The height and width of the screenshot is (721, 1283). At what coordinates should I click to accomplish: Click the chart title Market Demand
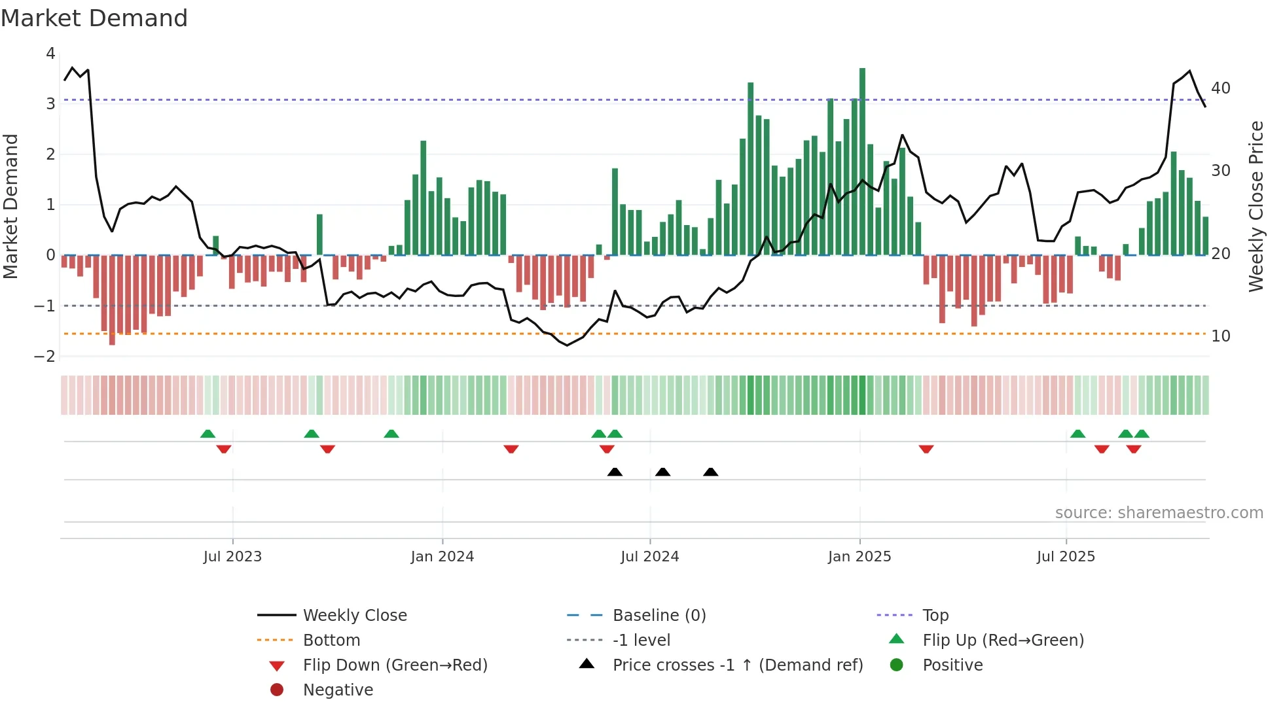click(94, 18)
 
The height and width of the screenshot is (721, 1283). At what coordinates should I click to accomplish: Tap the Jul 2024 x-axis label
click(649, 557)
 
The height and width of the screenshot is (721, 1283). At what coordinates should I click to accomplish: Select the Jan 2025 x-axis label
click(859, 557)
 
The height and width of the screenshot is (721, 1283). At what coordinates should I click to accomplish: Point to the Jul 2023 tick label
click(232, 557)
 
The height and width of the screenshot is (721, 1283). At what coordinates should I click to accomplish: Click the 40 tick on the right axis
click(1220, 88)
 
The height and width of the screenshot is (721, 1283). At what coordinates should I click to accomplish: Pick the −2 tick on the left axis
click(45, 357)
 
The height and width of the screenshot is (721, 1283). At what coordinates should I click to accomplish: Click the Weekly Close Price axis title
click(1256, 206)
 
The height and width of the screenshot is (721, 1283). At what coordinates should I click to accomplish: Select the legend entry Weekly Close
click(354, 616)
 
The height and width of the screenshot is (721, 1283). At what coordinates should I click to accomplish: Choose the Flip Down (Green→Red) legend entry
click(395, 665)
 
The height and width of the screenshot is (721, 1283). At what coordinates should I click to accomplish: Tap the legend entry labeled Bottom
click(331, 641)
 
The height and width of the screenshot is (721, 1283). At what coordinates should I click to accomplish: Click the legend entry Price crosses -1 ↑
click(737, 665)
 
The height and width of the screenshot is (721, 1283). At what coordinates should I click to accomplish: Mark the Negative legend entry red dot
click(277, 690)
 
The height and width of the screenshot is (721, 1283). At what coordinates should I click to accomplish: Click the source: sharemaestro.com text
click(1159, 513)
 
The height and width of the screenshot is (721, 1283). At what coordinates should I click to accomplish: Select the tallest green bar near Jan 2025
click(862, 160)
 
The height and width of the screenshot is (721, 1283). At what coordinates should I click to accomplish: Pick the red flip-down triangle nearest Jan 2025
click(926, 449)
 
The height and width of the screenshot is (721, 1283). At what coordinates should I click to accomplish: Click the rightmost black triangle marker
click(710, 472)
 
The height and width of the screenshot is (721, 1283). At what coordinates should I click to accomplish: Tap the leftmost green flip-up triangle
click(208, 434)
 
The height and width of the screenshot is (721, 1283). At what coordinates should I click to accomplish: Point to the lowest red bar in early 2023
click(112, 300)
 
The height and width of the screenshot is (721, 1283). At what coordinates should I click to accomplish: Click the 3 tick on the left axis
click(50, 104)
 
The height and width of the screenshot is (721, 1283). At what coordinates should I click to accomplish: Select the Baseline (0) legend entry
click(659, 616)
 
